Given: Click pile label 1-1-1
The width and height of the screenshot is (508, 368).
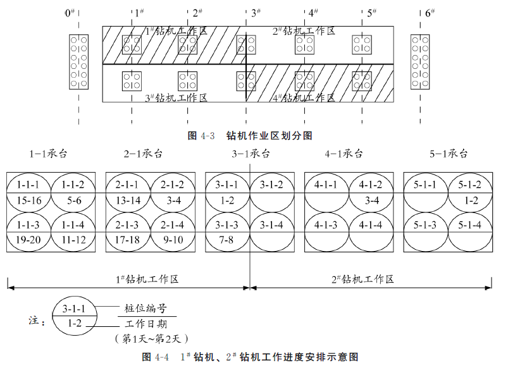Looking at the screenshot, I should pyautogui.click(x=28, y=185).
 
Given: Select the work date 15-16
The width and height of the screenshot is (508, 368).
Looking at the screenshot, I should pyautogui.click(x=28, y=200).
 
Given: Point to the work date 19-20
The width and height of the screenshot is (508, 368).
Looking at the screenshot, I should pyautogui.click(x=28, y=241).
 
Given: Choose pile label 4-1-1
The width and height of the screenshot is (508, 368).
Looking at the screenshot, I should pyautogui.click(x=326, y=185).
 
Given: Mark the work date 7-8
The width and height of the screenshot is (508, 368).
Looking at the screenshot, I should pyautogui.click(x=227, y=241).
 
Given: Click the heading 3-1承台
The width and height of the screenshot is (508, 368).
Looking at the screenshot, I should pyautogui.click(x=251, y=154).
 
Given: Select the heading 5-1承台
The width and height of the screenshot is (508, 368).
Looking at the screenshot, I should pyautogui.click(x=449, y=154).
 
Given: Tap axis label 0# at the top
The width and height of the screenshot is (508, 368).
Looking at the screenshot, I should pyautogui.click(x=70, y=13).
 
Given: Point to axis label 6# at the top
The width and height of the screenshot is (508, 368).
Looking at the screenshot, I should pyautogui.click(x=430, y=13).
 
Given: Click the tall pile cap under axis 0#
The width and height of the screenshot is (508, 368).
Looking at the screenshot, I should pyautogui.click(x=79, y=61).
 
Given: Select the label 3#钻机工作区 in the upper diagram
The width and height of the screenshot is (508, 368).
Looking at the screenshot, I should pyautogui.click(x=177, y=97).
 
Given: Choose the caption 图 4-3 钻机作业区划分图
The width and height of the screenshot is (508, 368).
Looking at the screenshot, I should pyautogui.click(x=251, y=135).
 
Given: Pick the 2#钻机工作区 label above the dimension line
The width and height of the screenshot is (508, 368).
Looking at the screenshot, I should pyautogui.click(x=362, y=279).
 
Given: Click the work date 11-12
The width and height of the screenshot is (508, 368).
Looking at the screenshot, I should pyautogui.click(x=73, y=241).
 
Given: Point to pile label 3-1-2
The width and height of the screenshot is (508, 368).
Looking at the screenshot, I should pyautogui.click(x=272, y=185).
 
